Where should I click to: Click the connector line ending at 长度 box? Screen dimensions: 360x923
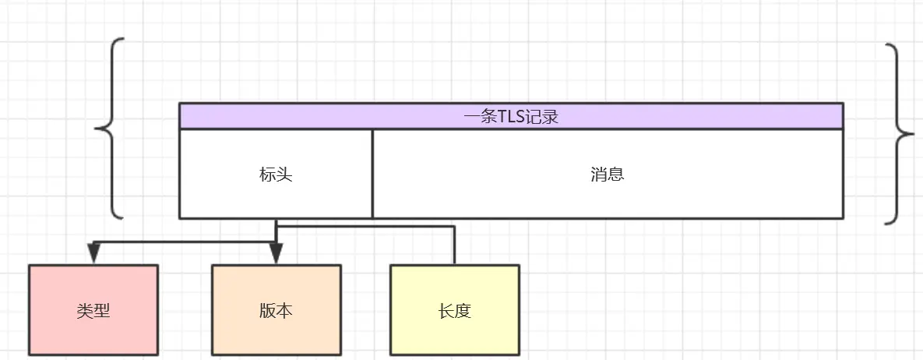(453, 245)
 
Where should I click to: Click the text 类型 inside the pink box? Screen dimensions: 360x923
(93, 310)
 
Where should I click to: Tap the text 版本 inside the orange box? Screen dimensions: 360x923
(277, 310)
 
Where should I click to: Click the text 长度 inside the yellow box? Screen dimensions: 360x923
(454, 311)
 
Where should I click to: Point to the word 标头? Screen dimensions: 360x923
(276, 175)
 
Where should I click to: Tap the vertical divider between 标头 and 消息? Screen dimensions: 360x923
(372, 173)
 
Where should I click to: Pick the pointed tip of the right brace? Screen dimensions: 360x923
(912, 134)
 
